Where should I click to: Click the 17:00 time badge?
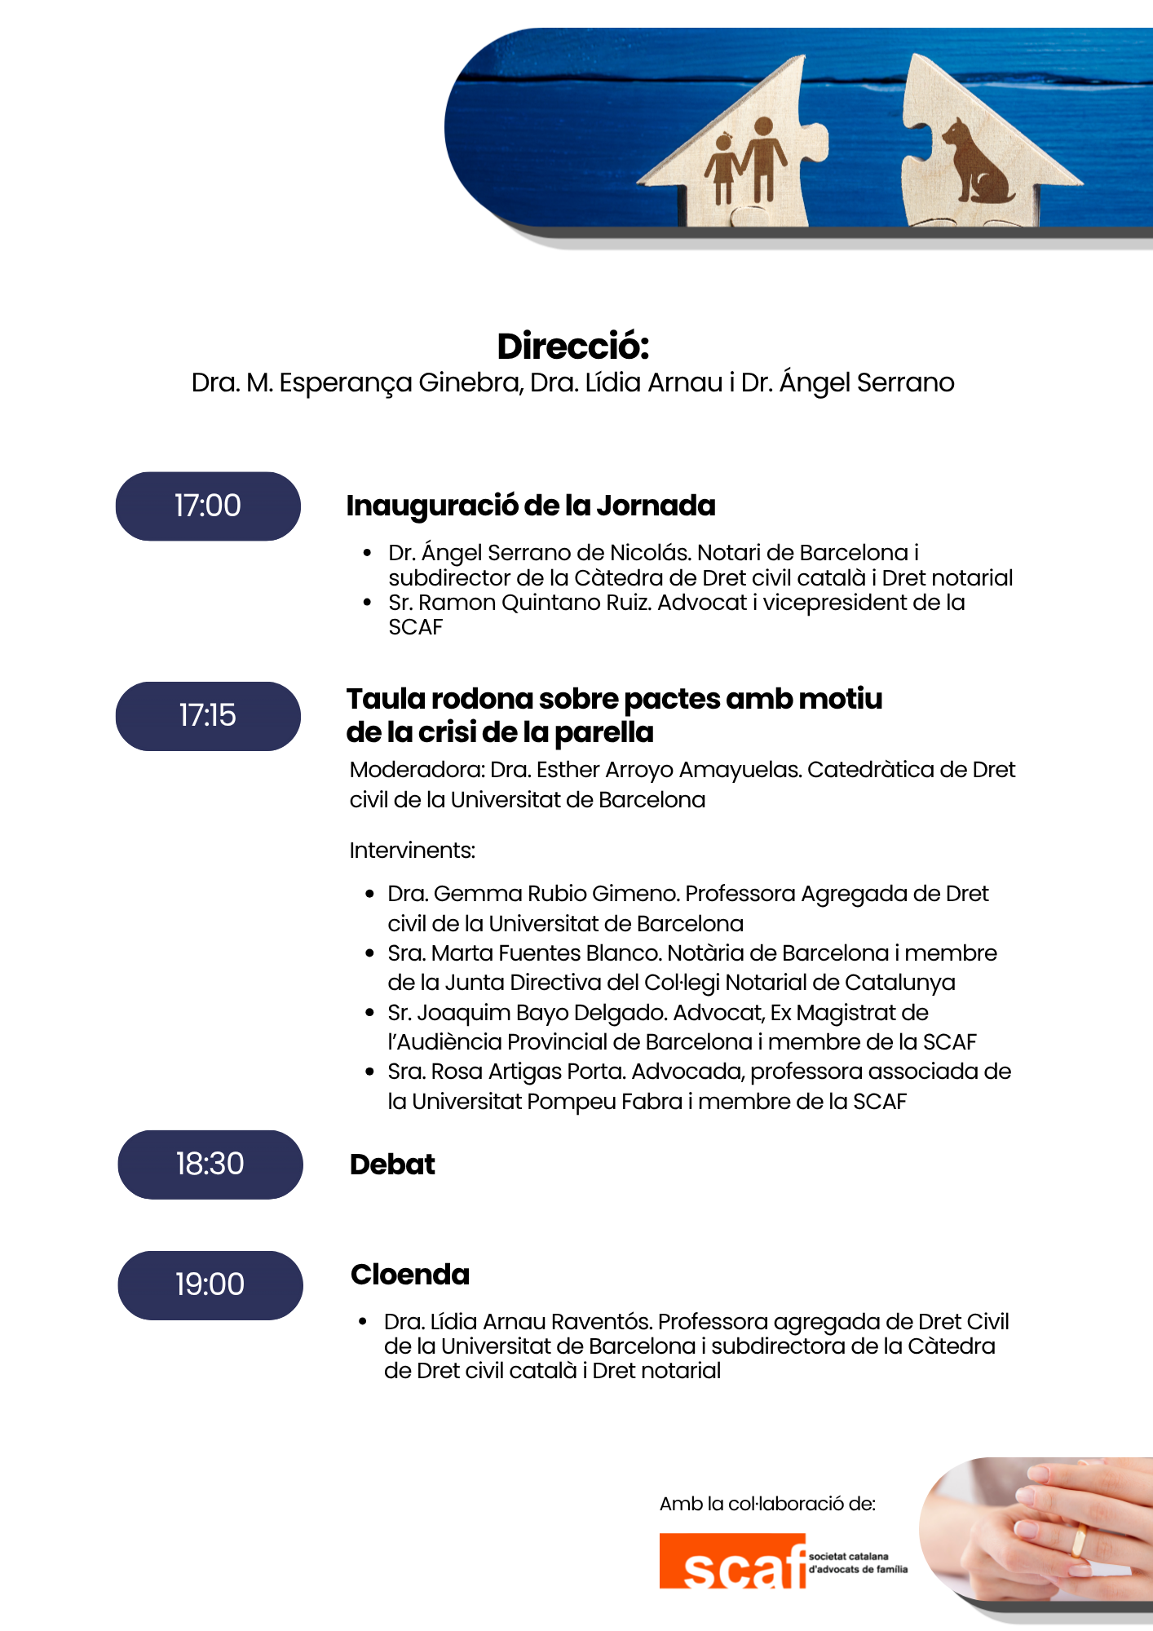click(208, 506)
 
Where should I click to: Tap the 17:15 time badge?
click(208, 715)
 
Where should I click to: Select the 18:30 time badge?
click(210, 1164)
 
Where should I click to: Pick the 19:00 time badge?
click(210, 1284)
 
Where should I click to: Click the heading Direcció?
click(573, 347)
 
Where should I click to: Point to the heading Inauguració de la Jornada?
click(531, 506)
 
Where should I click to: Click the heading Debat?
click(392, 1165)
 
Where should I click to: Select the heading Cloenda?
click(410, 1275)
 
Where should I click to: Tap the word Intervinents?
click(412, 851)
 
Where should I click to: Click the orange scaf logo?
click(732, 1562)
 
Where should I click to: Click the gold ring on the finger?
click(1078, 1540)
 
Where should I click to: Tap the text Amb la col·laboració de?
click(767, 1504)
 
